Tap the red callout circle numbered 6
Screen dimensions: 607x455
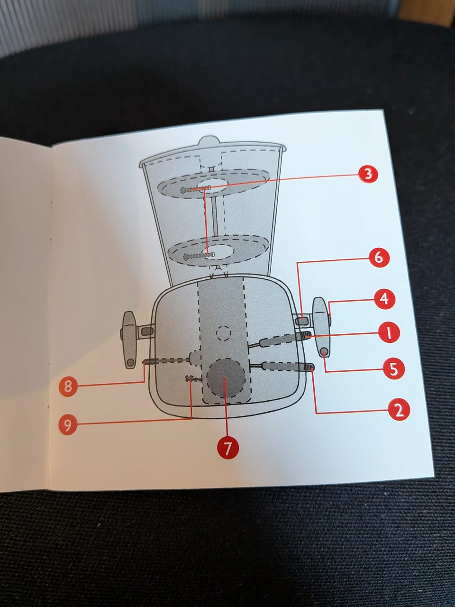tap(378, 258)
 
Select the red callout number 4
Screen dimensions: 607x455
tap(384, 299)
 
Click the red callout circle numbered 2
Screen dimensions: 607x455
tap(399, 408)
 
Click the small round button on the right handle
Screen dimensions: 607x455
tap(325, 351)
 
